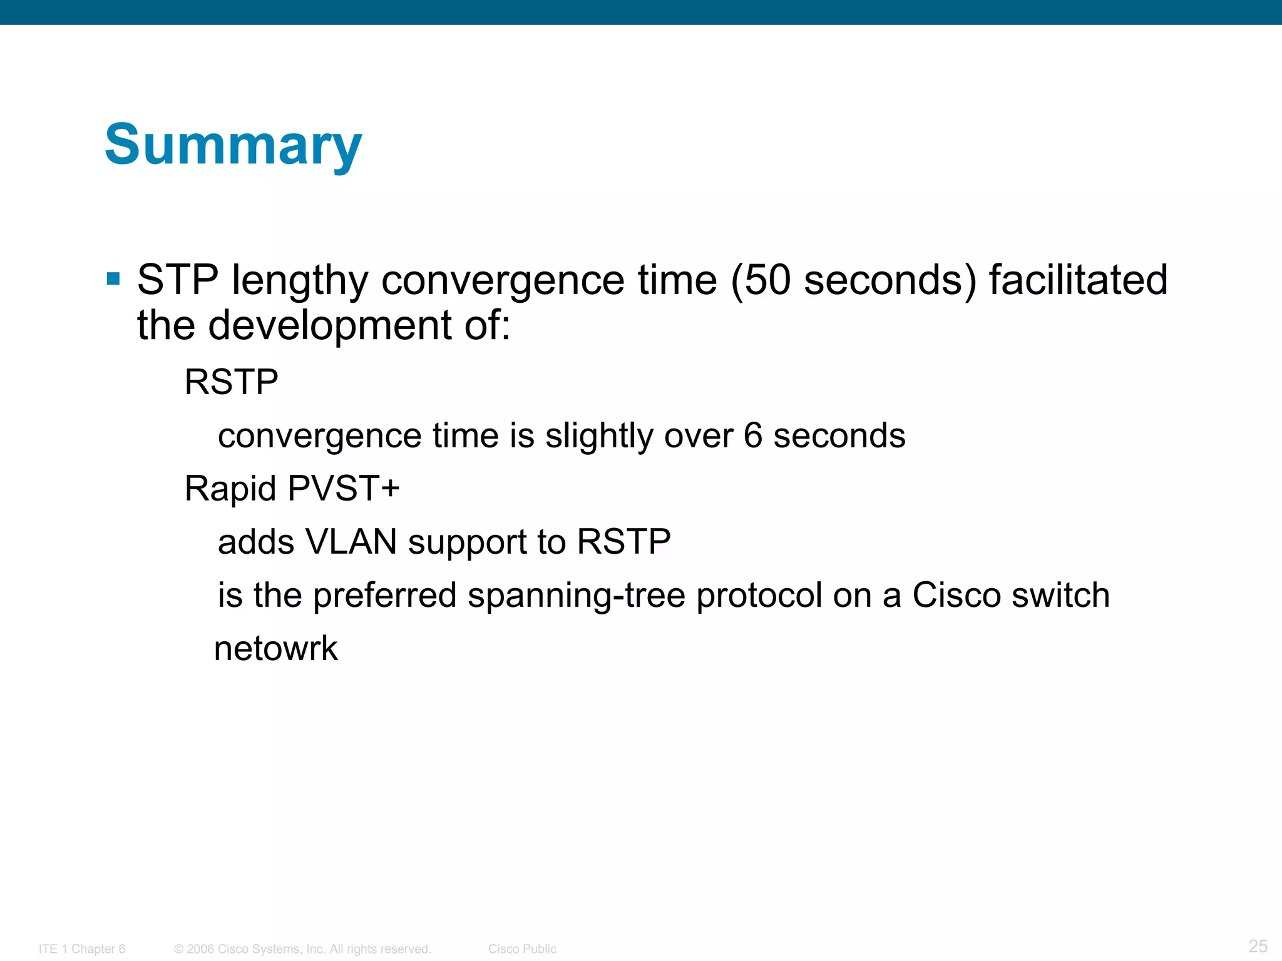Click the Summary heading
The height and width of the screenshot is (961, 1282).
233,145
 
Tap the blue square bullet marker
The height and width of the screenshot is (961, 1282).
113,278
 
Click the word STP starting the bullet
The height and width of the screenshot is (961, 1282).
178,280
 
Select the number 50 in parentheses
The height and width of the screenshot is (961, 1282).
768,280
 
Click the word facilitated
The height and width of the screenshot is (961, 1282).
1078,280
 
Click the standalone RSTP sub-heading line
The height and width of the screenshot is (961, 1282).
231,382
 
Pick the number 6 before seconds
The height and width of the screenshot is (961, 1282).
753,435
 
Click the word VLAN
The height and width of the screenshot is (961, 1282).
351,542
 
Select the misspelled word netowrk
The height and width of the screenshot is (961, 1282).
275,648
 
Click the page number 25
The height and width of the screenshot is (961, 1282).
1258,946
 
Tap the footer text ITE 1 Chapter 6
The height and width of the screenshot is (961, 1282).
82,949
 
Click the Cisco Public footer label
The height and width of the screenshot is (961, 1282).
522,949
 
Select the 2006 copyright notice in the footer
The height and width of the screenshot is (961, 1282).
302,949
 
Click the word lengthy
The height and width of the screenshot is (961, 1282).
300,280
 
